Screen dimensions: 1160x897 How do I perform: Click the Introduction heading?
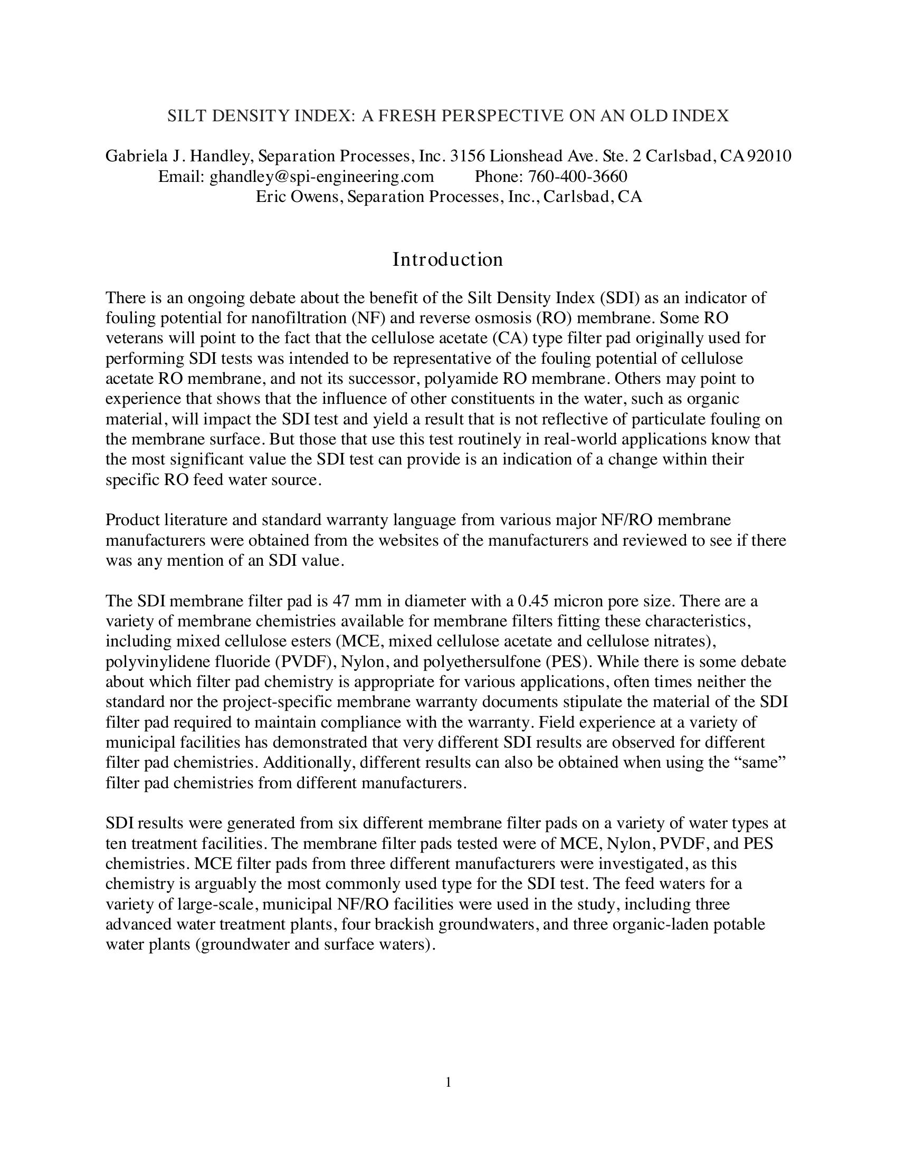447,259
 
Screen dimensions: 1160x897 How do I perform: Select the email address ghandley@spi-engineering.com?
321,176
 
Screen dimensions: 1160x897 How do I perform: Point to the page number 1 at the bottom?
448,1082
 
